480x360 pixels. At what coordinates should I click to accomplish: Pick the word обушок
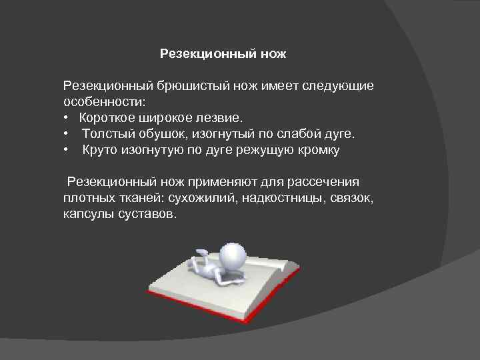162,134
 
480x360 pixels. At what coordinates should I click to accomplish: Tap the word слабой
293,134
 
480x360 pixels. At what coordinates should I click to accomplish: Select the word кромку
317,150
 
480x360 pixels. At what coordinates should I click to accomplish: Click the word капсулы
89,214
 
